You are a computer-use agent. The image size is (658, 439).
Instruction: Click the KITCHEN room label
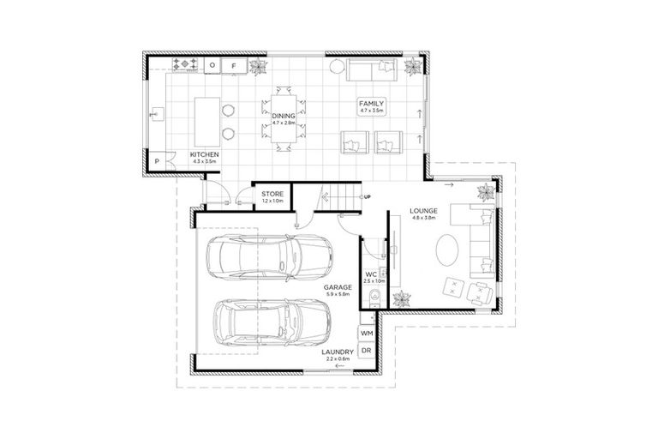tap(205, 156)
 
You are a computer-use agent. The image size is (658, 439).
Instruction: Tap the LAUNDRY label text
tap(338, 352)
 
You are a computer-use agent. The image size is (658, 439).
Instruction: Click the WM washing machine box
tap(367, 333)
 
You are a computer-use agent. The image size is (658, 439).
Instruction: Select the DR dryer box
tap(367, 352)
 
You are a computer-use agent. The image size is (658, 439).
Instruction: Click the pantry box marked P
tap(159, 163)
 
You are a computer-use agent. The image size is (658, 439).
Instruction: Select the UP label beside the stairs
tap(368, 197)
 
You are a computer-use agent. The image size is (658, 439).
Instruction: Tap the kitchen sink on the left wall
tap(154, 112)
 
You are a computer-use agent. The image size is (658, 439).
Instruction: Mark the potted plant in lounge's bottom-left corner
tap(401, 299)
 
